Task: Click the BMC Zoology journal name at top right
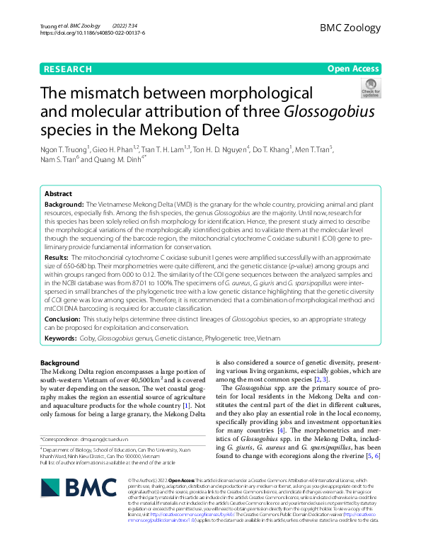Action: (x=350, y=28)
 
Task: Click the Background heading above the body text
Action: (x=60, y=363)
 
